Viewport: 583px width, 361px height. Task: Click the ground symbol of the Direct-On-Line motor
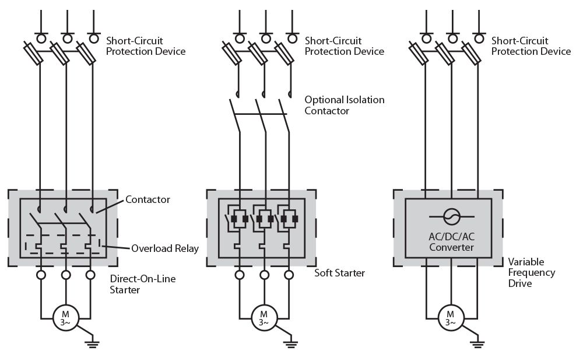[x=92, y=344]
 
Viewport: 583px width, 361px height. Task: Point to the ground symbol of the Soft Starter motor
[x=291, y=344]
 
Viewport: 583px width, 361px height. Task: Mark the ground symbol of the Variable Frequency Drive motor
[x=477, y=344]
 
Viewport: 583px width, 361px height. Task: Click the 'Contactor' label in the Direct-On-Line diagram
[x=147, y=199]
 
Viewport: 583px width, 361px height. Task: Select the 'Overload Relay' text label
[x=165, y=248]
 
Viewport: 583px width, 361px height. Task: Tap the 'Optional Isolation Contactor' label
[x=345, y=105]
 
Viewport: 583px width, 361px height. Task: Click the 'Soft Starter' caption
[x=339, y=273]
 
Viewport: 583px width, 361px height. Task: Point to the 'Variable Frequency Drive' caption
[x=532, y=272]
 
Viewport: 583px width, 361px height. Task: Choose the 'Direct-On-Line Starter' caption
[x=143, y=285]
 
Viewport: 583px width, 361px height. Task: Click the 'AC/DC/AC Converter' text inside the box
[x=452, y=242]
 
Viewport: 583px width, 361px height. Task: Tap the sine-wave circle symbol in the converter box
[x=452, y=216]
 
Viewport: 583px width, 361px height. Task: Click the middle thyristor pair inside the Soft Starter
[x=264, y=219]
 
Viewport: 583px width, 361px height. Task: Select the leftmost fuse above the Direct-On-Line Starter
[x=34, y=54]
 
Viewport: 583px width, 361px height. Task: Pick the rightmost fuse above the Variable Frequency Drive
[x=472, y=54]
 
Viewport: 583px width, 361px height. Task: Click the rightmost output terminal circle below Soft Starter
[x=289, y=275]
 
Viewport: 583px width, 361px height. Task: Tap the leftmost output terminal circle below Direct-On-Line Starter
[x=41, y=275]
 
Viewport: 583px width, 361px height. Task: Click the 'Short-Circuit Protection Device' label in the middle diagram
[x=345, y=46]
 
